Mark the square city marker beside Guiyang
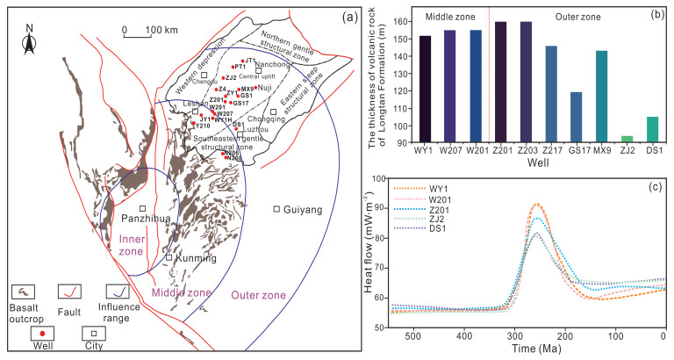tap(277, 208)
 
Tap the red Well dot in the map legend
tap(35, 334)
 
